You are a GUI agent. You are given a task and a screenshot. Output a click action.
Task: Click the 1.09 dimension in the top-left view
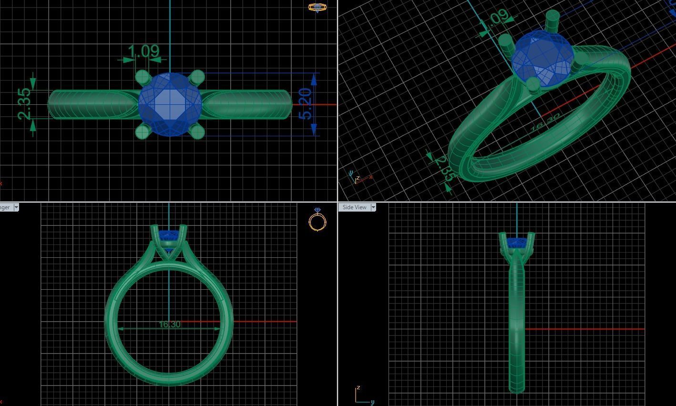(143, 51)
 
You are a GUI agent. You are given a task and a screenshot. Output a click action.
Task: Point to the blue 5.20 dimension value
(306, 104)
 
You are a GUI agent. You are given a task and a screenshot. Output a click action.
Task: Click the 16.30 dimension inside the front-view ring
(169, 325)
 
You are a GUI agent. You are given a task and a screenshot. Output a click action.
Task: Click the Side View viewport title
(355, 207)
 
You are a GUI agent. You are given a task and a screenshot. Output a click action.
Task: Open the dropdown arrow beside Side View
(373, 207)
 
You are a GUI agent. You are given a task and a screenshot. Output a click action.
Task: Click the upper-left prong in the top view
(142, 77)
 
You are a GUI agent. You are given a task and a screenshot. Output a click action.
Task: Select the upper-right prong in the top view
(197, 76)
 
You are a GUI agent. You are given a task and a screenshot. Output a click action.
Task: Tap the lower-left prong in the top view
(142, 132)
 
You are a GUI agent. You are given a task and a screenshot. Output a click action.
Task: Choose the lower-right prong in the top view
(197, 131)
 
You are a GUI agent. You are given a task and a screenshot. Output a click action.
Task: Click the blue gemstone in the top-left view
(170, 104)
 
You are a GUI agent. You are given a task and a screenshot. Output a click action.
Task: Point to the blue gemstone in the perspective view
(542, 60)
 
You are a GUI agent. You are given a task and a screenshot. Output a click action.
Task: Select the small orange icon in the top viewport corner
(317, 7)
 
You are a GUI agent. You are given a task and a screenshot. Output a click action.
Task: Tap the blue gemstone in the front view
(169, 235)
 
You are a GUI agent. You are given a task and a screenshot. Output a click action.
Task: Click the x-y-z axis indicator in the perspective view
(359, 178)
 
